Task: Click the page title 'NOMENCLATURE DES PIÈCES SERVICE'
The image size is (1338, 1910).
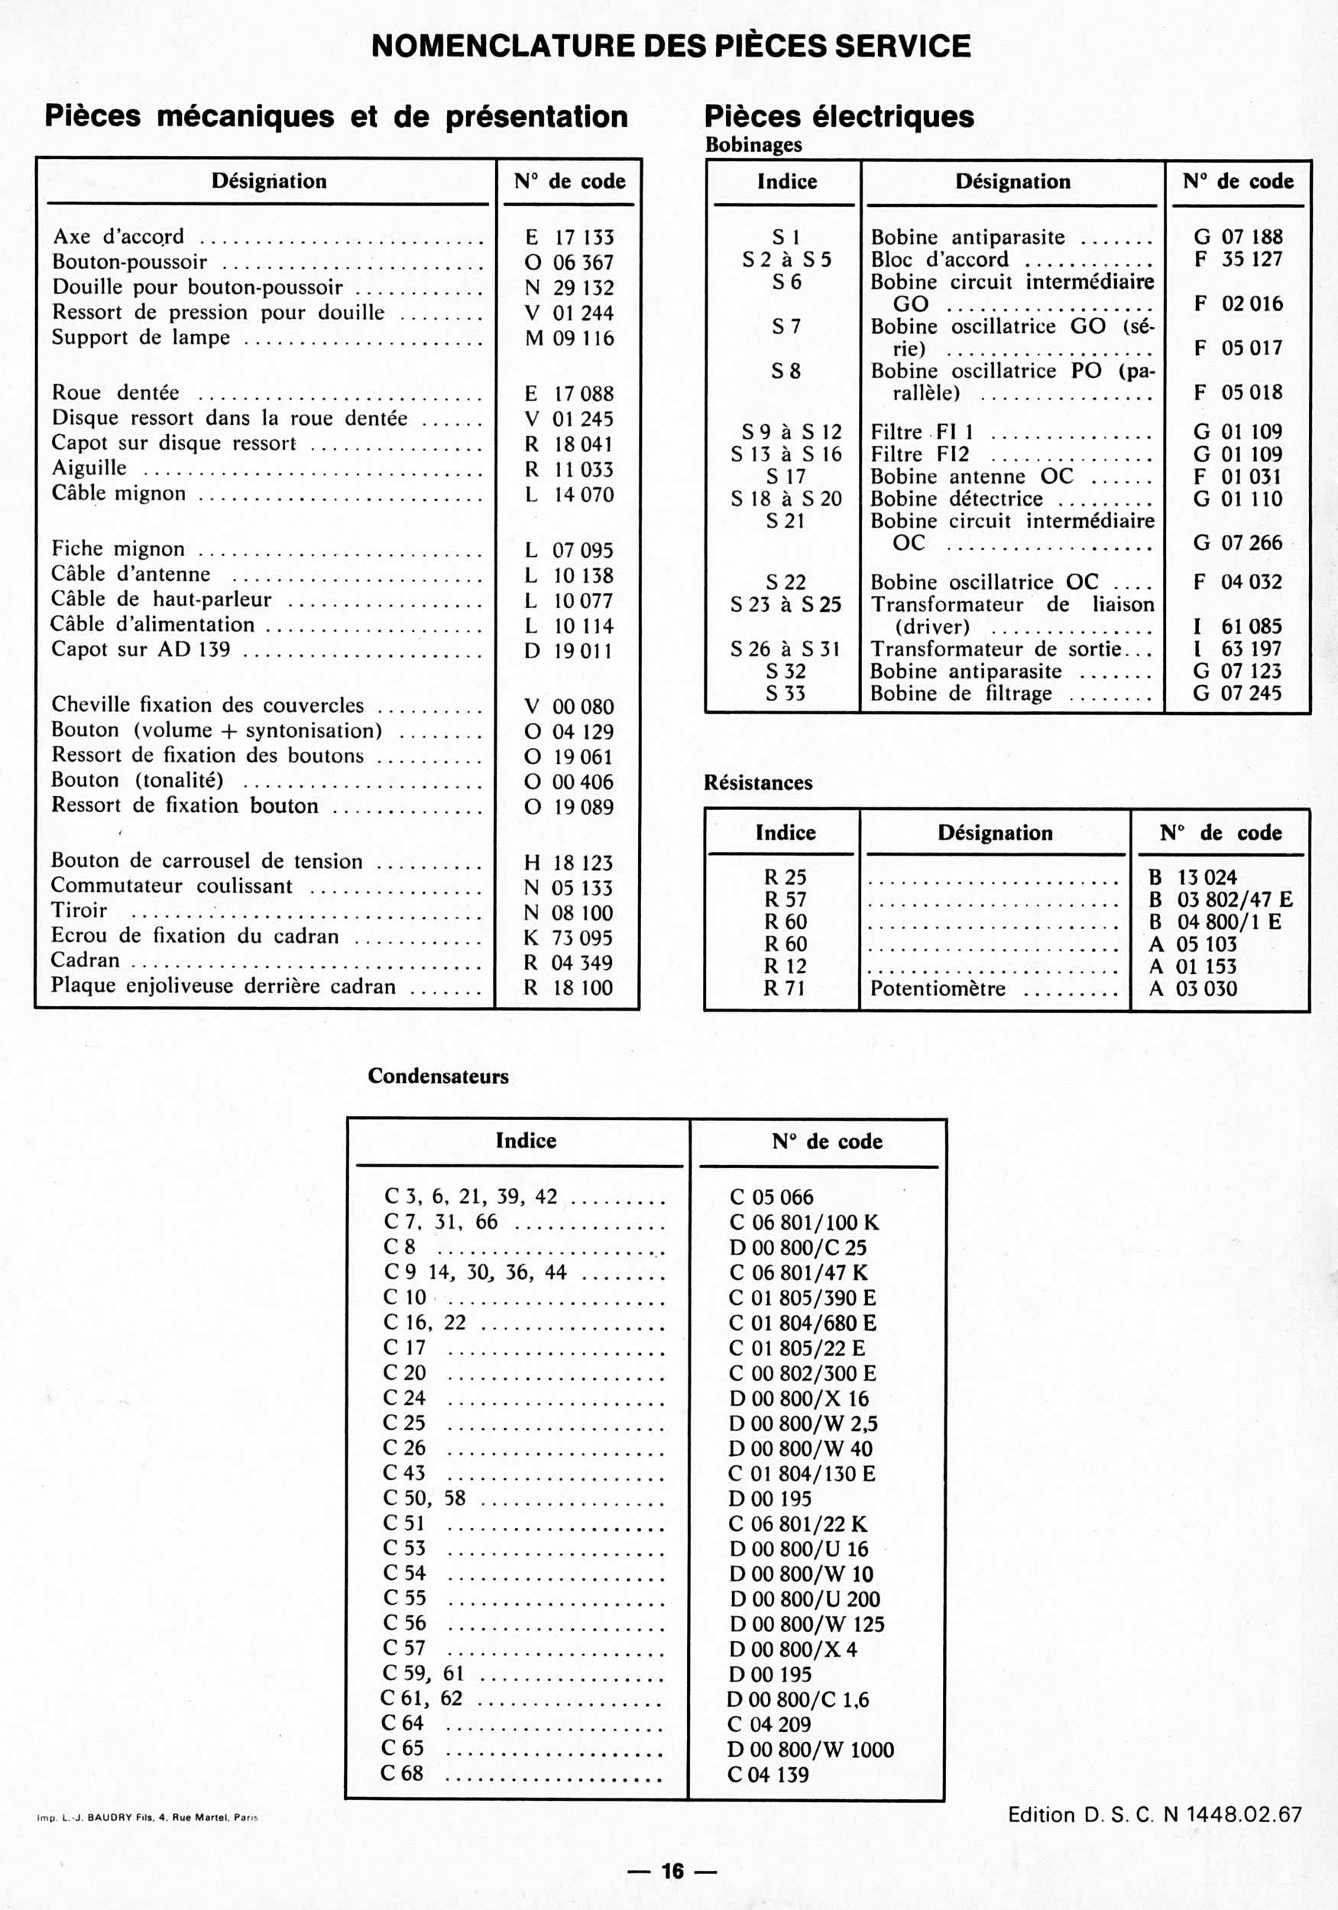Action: pyautogui.click(x=671, y=46)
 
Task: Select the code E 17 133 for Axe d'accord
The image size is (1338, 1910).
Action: pyautogui.click(x=569, y=238)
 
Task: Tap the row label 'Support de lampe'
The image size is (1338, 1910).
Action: pyautogui.click(x=141, y=338)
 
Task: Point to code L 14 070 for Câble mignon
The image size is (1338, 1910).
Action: pyautogui.click(x=569, y=495)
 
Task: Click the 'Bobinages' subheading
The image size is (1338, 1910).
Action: pyautogui.click(x=753, y=144)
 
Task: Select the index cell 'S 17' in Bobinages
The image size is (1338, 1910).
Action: pyautogui.click(x=786, y=477)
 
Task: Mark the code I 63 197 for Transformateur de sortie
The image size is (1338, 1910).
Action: pyautogui.click(x=1237, y=649)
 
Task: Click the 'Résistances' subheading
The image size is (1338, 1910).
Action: pyautogui.click(x=758, y=783)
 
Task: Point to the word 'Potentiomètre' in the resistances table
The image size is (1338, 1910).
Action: pyautogui.click(x=938, y=989)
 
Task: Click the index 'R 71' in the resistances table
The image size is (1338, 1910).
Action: pyautogui.click(x=785, y=989)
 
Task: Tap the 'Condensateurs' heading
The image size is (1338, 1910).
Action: pyautogui.click(x=438, y=1076)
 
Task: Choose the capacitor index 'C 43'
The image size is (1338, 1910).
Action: pyautogui.click(x=404, y=1473)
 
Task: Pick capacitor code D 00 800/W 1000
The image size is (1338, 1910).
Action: pyautogui.click(x=811, y=1750)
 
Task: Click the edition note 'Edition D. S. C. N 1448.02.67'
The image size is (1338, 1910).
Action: pyautogui.click(x=1154, y=1814)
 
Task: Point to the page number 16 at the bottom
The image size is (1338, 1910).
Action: pyautogui.click(x=672, y=1871)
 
